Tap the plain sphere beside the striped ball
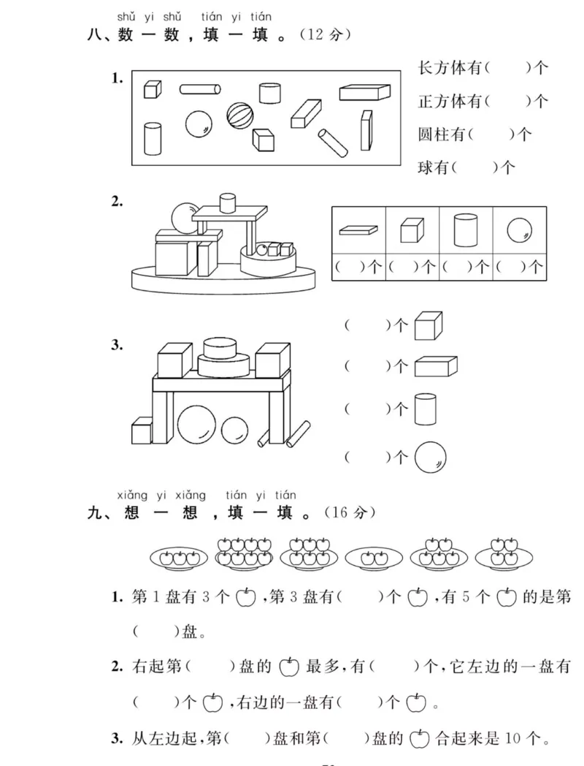198,124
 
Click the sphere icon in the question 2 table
519,230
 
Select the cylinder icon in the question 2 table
465,230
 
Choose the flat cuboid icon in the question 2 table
358,230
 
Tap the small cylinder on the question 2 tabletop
228,202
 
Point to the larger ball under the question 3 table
196,425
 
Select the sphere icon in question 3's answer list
430,458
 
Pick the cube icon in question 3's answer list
429,326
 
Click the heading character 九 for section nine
96,514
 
